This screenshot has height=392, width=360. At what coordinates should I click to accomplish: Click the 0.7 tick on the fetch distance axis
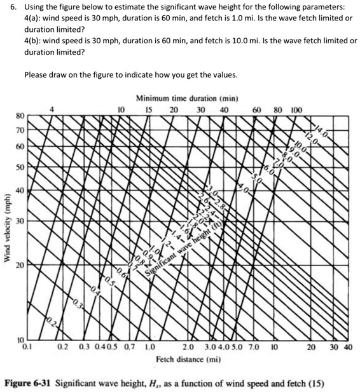click(130, 348)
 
